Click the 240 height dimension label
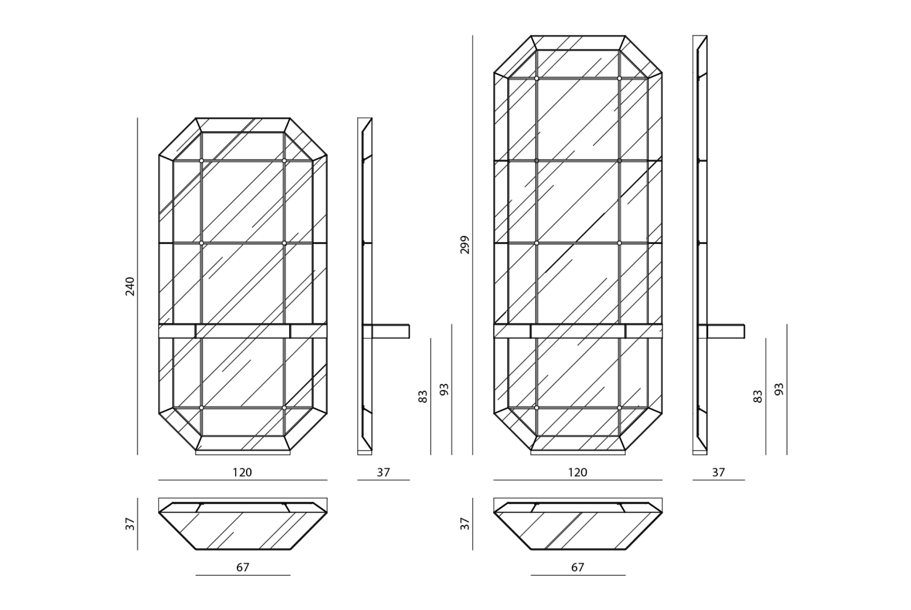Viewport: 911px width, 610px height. click(130, 286)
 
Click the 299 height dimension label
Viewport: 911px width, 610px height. click(465, 245)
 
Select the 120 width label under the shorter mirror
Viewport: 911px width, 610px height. click(242, 472)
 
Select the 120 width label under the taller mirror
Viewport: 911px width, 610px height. click(577, 472)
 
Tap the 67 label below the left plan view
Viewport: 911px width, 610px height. click(243, 567)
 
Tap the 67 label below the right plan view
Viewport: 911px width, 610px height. click(577, 567)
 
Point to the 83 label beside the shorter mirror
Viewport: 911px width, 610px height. click(423, 396)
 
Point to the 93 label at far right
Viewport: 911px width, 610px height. click(779, 390)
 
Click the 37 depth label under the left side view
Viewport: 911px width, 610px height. click(383, 472)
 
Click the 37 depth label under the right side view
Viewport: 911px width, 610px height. click(719, 472)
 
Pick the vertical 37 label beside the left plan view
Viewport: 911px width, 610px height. click(130, 524)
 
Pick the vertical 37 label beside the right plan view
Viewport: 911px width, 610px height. click(465, 524)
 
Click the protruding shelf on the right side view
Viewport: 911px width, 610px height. click(726, 331)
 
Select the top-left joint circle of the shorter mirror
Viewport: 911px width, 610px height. click(202, 161)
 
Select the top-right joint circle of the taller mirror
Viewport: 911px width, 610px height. click(619, 78)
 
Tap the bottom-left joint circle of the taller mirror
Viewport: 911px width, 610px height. click(536, 408)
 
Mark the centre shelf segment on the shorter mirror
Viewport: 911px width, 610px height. click(243, 331)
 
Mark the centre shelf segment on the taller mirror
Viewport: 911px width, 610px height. click(577, 331)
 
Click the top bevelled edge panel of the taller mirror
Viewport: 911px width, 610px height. click(578, 43)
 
